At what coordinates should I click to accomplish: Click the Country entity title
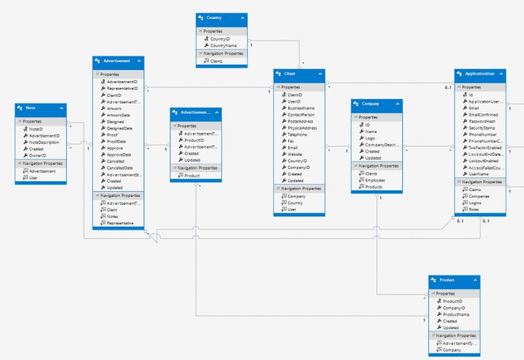pyautogui.click(x=214, y=18)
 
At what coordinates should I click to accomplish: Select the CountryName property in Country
pyautogui.click(x=223, y=46)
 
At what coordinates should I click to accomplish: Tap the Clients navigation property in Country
pyautogui.click(x=216, y=61)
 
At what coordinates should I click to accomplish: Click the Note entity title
pyautogui.click(x=31, y=107)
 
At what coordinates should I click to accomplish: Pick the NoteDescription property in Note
pyautogui.click(x=44, y=142)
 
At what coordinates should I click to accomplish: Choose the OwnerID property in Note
pyautogui.click(x=37, y=156)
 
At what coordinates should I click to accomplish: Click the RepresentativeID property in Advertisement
pyautogui.click(x=121, y=88)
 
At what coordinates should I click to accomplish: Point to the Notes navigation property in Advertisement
pyautogui.click(x=112, y=216)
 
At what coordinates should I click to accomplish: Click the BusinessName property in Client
pyautogui.click(x=301, y=108)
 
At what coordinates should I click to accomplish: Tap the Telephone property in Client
pyautogui.click(x=297, y=134)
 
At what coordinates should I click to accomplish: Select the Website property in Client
pyautogui.click(x=295, y=154)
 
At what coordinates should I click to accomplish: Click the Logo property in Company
pyautogui.click(x=371, y=138)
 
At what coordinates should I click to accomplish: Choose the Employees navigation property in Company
pyautogui.click(x=375, y=180)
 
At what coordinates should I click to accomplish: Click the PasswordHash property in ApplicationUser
pyautogui.click(x=481, y=122)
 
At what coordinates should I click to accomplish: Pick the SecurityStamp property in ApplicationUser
pyautogui.click(x=482, y=128)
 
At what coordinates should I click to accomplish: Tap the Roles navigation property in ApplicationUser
pyautogui.click(x=474, y=210)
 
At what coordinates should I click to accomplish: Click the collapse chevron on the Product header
pyautogui.click(x=474, y=279)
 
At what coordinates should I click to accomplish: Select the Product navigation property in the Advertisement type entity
pyautogui.click(x=192, y=175)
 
